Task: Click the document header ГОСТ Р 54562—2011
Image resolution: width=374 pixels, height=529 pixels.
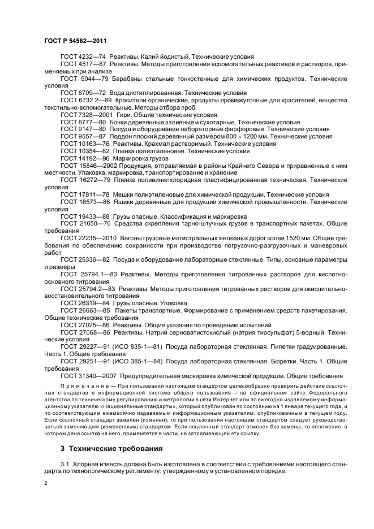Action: (x=75, y=41)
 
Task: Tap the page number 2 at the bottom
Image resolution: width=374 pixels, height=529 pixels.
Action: (x=46, y=484)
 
